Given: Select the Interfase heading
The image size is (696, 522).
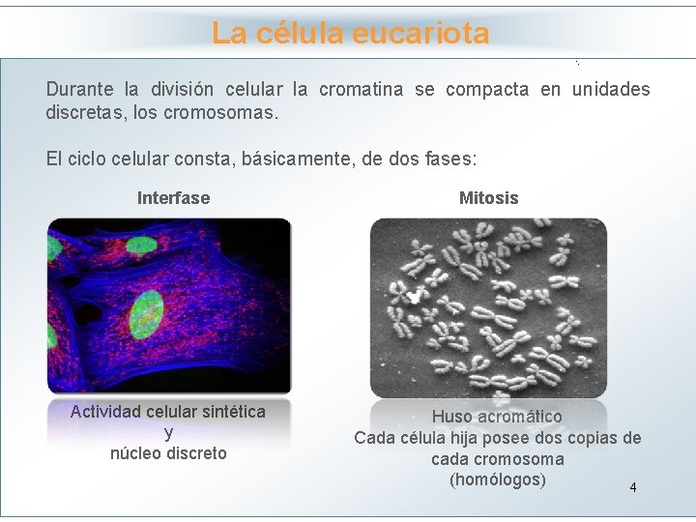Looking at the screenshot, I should click(x=173, y=198).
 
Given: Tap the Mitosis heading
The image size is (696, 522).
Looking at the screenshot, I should click(x=488, y=198).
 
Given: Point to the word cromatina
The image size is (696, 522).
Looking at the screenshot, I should click(x=362, y=90).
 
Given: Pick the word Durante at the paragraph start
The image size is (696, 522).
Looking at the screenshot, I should click(x=80, y=90).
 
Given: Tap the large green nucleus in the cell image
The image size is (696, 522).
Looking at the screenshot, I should click(x=147, y=314).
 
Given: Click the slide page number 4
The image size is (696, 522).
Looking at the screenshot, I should click(x=632, y=487).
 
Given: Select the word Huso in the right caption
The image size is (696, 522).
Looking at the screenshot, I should click(x=452, y=417).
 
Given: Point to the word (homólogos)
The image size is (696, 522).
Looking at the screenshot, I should click(x=497, y=480).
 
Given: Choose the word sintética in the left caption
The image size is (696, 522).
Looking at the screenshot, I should click(x=231, y=412).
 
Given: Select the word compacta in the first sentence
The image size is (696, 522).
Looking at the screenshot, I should click(x=487, y=90).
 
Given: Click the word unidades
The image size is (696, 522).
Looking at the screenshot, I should click(x=610, y=90).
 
